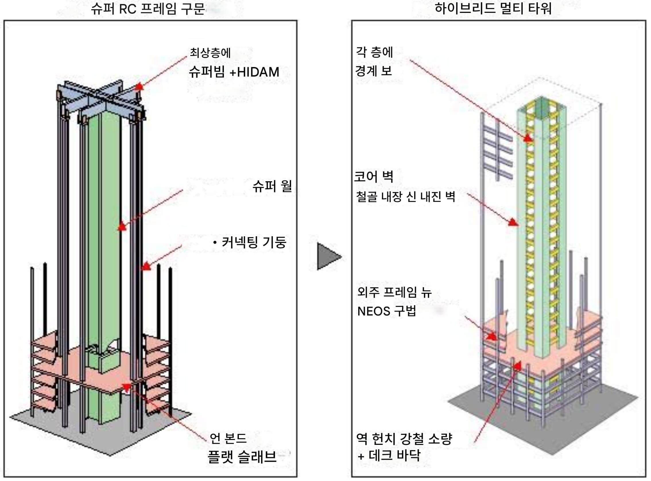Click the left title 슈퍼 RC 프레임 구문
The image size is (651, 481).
click(x=148, y=9)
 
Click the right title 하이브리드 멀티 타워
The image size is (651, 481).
click(x=493, y=8)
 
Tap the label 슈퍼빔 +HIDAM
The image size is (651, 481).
click(x=234, y=72)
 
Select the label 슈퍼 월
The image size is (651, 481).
click(x=272, y=186)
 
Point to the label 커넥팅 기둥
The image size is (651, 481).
click(x=253, y=242)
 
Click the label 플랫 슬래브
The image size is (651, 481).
click(x=242, y=457)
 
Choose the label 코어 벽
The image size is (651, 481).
click(x=374, y=176)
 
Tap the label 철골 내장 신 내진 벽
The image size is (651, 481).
click(x=405, y=196)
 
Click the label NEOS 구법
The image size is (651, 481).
click(x=386, y=311)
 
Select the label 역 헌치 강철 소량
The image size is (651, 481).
click(x=404, y=439)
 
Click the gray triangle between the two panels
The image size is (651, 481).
click(x=328, y=256)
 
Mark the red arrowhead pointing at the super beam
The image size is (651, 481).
click(x=139, y=86)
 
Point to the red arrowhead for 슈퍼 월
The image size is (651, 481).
click(x=122, y=226)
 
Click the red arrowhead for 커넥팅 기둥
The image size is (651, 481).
click(x=146, y=266)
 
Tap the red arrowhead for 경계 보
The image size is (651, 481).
click(x=528, y=138)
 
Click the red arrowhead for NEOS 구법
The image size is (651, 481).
click(x=492, y=337)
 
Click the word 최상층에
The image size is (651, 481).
click(x=210, y=53)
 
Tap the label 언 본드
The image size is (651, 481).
click(x=228, y=438)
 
